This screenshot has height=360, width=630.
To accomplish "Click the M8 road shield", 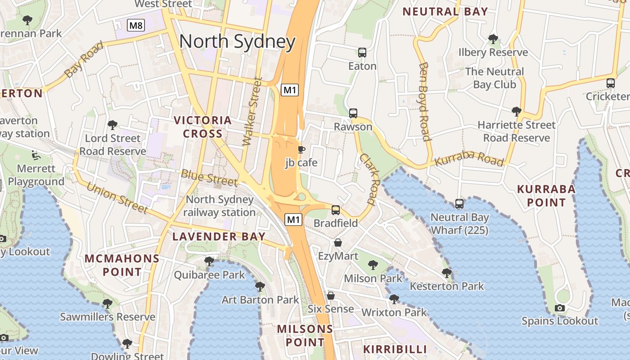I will tap(136, 25).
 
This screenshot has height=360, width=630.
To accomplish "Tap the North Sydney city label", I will tap(237, 41).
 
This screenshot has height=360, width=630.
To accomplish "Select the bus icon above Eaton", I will tap(362, 53).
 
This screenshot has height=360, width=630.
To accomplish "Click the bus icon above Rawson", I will tap(353, 113).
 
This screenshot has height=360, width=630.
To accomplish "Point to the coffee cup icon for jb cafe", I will tap(301, 149).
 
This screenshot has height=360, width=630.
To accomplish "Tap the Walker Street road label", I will tap(252, 112).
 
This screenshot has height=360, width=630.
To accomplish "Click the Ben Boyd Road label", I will tap(424, 101).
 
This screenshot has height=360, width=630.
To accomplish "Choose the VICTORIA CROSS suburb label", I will tap(203, 127).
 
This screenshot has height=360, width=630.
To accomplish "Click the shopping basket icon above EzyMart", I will tap(338, 243).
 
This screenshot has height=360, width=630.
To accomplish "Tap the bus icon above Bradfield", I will tap(336, 210).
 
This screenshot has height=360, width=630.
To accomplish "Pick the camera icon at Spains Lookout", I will tap(559, 308).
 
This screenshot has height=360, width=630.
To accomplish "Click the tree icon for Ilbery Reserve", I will tap(493, 39).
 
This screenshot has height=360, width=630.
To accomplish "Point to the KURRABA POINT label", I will tap(546, 196).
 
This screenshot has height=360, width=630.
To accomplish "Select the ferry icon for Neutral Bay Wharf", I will tap(459, 204).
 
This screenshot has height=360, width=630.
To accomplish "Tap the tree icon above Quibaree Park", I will tap(209, 261).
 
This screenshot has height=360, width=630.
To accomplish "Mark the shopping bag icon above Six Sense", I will tap(331, 296).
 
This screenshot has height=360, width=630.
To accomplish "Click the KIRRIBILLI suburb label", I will tap(395, 349).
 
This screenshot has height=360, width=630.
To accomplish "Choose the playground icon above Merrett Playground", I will tap(36, 155).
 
